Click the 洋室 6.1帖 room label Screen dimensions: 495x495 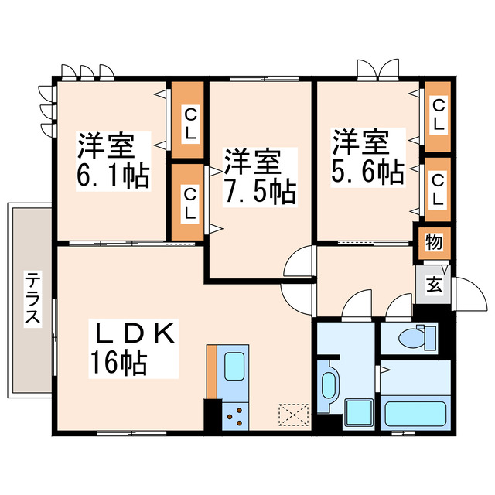point(112,161)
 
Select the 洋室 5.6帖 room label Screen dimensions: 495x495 point(367,158)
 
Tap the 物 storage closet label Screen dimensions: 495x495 point(433,242)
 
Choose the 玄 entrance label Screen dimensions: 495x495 point(434,284)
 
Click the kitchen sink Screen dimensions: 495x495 point(234,365)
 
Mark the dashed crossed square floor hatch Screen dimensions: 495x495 point(294,415)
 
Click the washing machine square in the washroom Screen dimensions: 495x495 point(358,414)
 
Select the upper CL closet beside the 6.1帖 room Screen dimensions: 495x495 point(188,122)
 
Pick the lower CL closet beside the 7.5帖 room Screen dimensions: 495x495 point(188,203)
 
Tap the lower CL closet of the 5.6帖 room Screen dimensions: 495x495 point(438,189)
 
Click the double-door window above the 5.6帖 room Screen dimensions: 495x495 point(377,70)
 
